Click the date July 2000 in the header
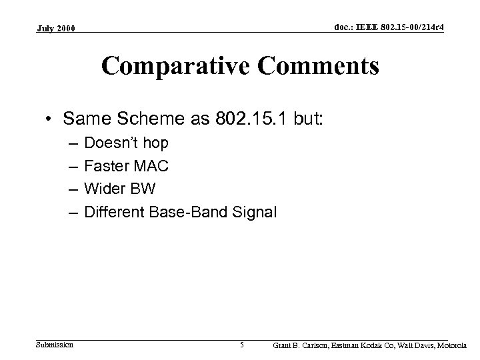tap(57, 29)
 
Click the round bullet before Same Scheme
tap(51, 119)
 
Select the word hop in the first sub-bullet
tap(157, 143)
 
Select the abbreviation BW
tap(143, 189)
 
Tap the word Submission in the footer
tap(55, 345)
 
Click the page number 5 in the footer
tap(242, 345)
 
